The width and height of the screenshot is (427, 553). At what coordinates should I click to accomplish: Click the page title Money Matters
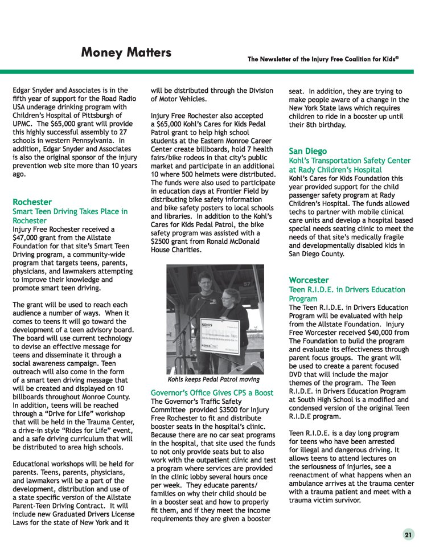(126, 53)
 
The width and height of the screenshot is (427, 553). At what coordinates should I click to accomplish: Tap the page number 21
(408, 535)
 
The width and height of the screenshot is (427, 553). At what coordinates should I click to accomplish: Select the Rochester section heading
(32, 202)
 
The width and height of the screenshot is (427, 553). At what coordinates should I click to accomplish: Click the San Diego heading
(307, 151)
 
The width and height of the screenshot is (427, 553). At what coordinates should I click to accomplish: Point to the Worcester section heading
(309, 280)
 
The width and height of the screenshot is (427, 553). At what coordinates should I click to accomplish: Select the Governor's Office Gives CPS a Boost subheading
(212, 393)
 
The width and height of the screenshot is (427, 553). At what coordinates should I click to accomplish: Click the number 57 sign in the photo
(247, 283)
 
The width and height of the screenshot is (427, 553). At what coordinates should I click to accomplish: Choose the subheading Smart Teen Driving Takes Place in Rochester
(69, 216)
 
